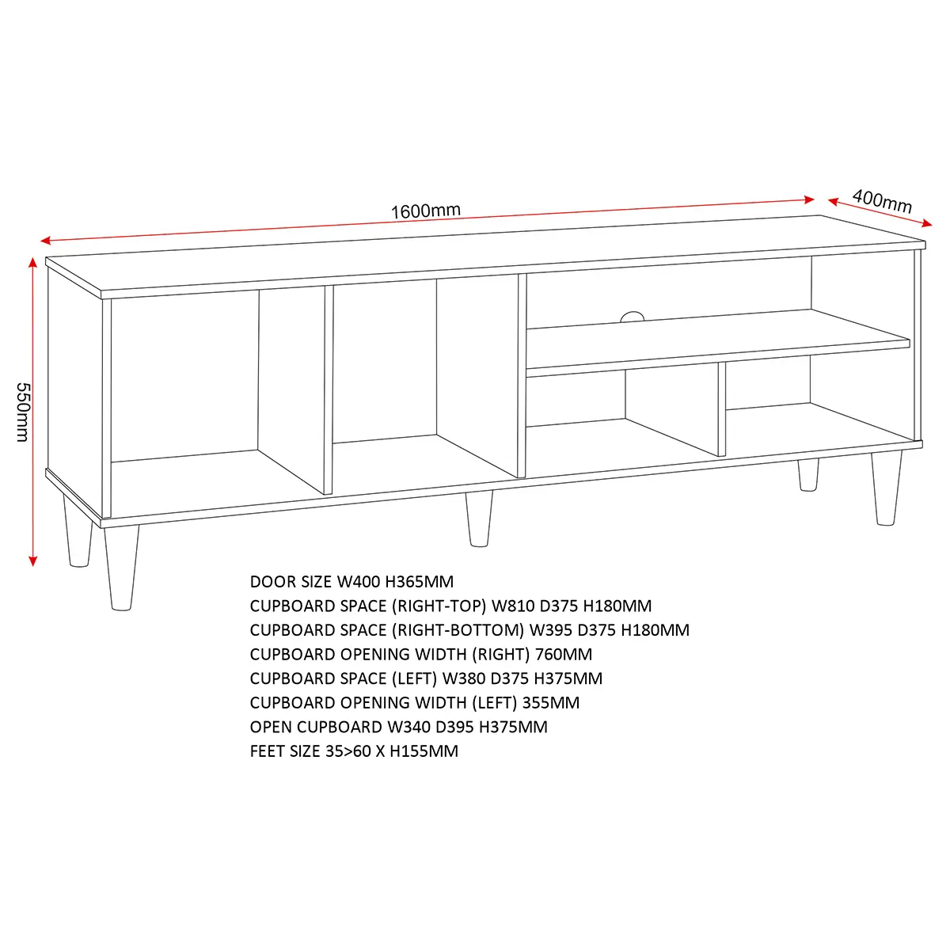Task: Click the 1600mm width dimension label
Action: click(425, 211)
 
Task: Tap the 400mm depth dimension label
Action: click(883, 201)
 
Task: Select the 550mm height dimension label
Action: click(23, 412)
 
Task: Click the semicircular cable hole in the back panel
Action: click(633, 317)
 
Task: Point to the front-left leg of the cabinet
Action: click(121, 568)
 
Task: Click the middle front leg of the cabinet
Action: click(479, 519)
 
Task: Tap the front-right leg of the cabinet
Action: click(887, 488)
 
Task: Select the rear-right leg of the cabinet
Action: click(808, 475)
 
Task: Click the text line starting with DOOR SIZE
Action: click(351, 582)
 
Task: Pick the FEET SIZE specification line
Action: click(354, 751)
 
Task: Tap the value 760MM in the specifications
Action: click(564, 655)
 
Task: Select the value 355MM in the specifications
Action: click(551, 703)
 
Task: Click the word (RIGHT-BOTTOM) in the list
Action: click(458, 630)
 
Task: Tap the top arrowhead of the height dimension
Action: click(32, 262)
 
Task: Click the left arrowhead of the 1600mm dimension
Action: click(46, 241)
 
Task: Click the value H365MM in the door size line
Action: click(420, 582)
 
